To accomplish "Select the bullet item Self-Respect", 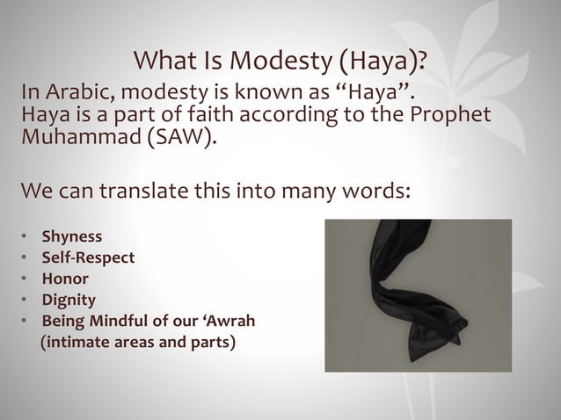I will click(89, 258).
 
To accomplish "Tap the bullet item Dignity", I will click(69, 301).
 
